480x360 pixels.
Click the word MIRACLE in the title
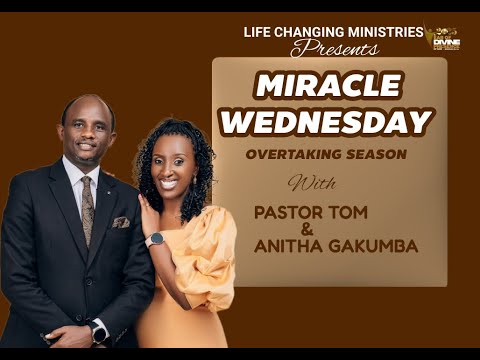[329, 87]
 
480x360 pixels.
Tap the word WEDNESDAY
[327, 121]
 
